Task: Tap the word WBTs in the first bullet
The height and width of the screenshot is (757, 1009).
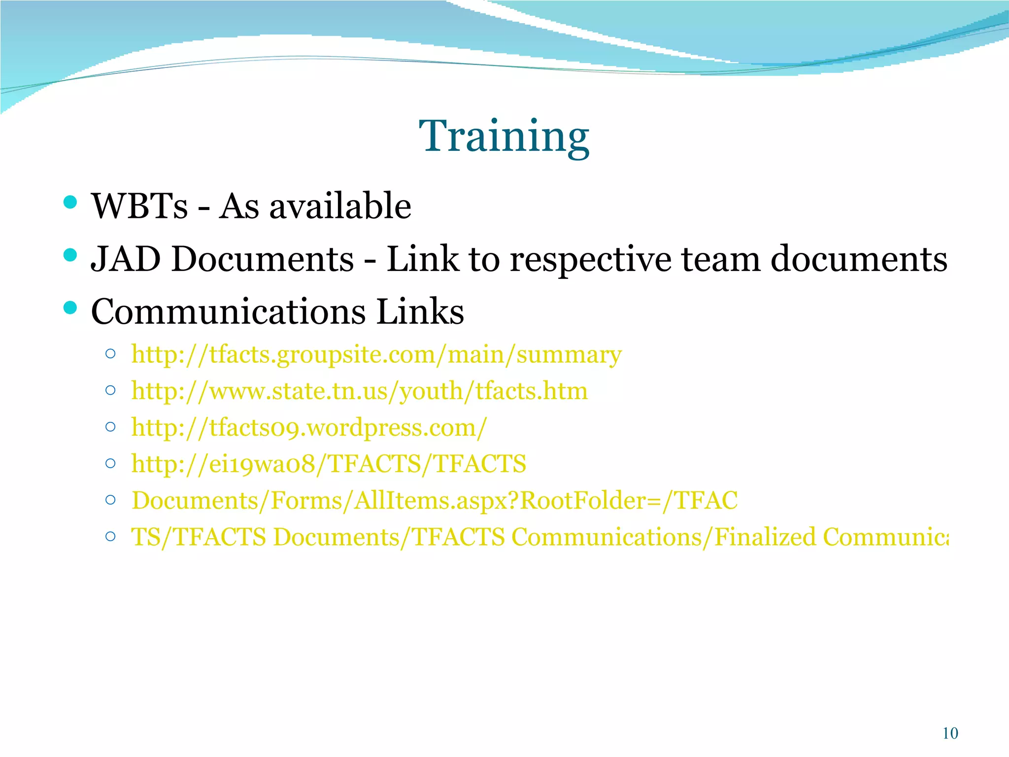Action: pos(139,206)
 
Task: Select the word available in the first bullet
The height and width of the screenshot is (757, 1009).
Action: pos(340,206)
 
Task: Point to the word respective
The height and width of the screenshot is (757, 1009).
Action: pos(590,260)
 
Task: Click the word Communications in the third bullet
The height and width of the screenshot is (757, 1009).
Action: pos(229,311)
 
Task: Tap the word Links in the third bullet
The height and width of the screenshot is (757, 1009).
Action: pos(420,311)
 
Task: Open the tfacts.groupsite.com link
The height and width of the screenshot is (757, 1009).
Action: pos(376,355)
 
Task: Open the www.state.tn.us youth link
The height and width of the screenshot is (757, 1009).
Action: pos(359,391)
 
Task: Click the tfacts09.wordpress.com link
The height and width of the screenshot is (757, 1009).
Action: pos(309,428)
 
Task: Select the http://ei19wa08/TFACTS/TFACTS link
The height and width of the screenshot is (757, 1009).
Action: pos(329,464)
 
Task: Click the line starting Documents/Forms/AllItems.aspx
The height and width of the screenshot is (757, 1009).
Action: pos(435,501)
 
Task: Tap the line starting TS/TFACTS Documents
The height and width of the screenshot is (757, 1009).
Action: pos(539,537)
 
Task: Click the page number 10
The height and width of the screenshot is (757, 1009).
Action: pos(950,733)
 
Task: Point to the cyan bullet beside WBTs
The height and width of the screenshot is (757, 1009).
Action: pos(70,202)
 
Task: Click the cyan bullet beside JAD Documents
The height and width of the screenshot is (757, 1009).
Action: pos(70,255)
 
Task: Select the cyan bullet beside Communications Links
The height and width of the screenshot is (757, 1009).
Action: pos(70,308)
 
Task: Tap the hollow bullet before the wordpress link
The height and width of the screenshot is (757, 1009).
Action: pos(111,427)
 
